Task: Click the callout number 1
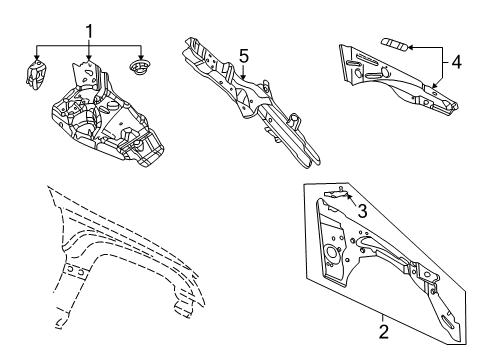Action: (89, 32)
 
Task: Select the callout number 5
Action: (244, 57)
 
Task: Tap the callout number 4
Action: (456, 62)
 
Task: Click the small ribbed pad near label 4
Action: (395, 44)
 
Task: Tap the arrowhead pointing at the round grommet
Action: (140, 57)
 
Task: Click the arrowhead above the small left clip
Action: (37, 57)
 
